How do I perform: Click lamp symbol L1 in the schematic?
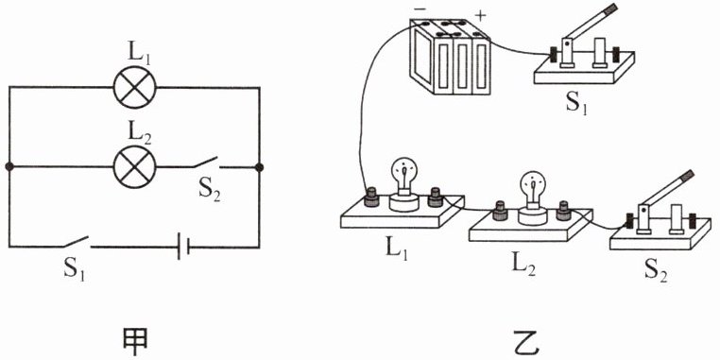pyautogui.click(x=134, y=87)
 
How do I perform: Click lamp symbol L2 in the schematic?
pyautogui.click(x=134, y=166)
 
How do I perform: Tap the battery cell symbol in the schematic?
pyautogui.click(x=182, y=247)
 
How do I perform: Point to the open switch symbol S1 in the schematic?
pyautogui.click(x=77, y=242)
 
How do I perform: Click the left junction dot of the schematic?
pyautogui.click(x=9, y=166)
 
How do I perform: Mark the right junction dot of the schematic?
pyautogui.click(x=259, y=166)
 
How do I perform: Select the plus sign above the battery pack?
pyautogui.click(x=480, y=15)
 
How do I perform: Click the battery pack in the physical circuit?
pyautogui.click(x=450, y=57)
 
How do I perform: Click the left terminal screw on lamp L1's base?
pyautogui.click(x=370, y=198)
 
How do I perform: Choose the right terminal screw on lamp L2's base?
pyautogui.click(x=563, y=211)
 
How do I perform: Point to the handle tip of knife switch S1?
pyautogui.click(x=611, y=8)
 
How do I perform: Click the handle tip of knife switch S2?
pyautogui.click(x=687, y=176)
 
